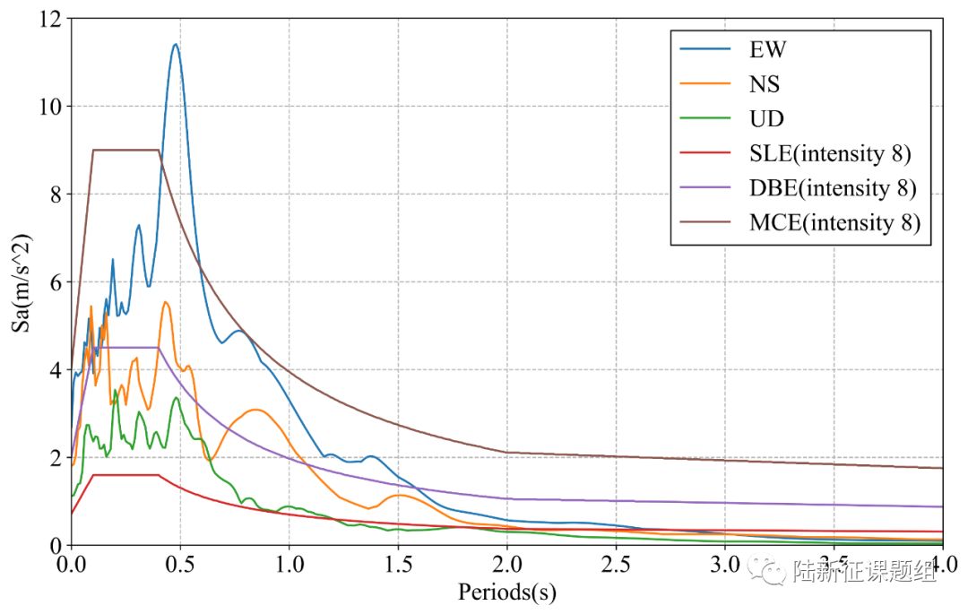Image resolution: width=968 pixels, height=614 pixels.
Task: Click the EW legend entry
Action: pos(767,50)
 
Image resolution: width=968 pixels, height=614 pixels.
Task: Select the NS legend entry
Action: pos(765,84)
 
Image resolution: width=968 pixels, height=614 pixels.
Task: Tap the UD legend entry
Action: pos(766,119)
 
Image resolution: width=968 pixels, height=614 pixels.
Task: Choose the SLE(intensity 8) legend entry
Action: pos(830,154)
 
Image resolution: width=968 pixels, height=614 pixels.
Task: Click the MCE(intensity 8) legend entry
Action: pos(834,223)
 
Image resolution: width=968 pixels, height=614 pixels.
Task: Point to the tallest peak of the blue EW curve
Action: pos(176,44)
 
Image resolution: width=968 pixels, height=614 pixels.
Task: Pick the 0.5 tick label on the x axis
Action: pos(179,567)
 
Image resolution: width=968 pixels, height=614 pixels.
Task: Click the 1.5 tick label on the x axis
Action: pos(397,567)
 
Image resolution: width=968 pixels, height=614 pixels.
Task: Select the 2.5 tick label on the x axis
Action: pos(616,567)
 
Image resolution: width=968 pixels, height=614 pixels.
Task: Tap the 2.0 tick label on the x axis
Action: pos(506,567)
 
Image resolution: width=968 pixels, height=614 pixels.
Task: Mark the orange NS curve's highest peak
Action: pos(166,303)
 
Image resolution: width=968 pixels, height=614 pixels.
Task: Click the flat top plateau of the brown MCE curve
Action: pos(125,150)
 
